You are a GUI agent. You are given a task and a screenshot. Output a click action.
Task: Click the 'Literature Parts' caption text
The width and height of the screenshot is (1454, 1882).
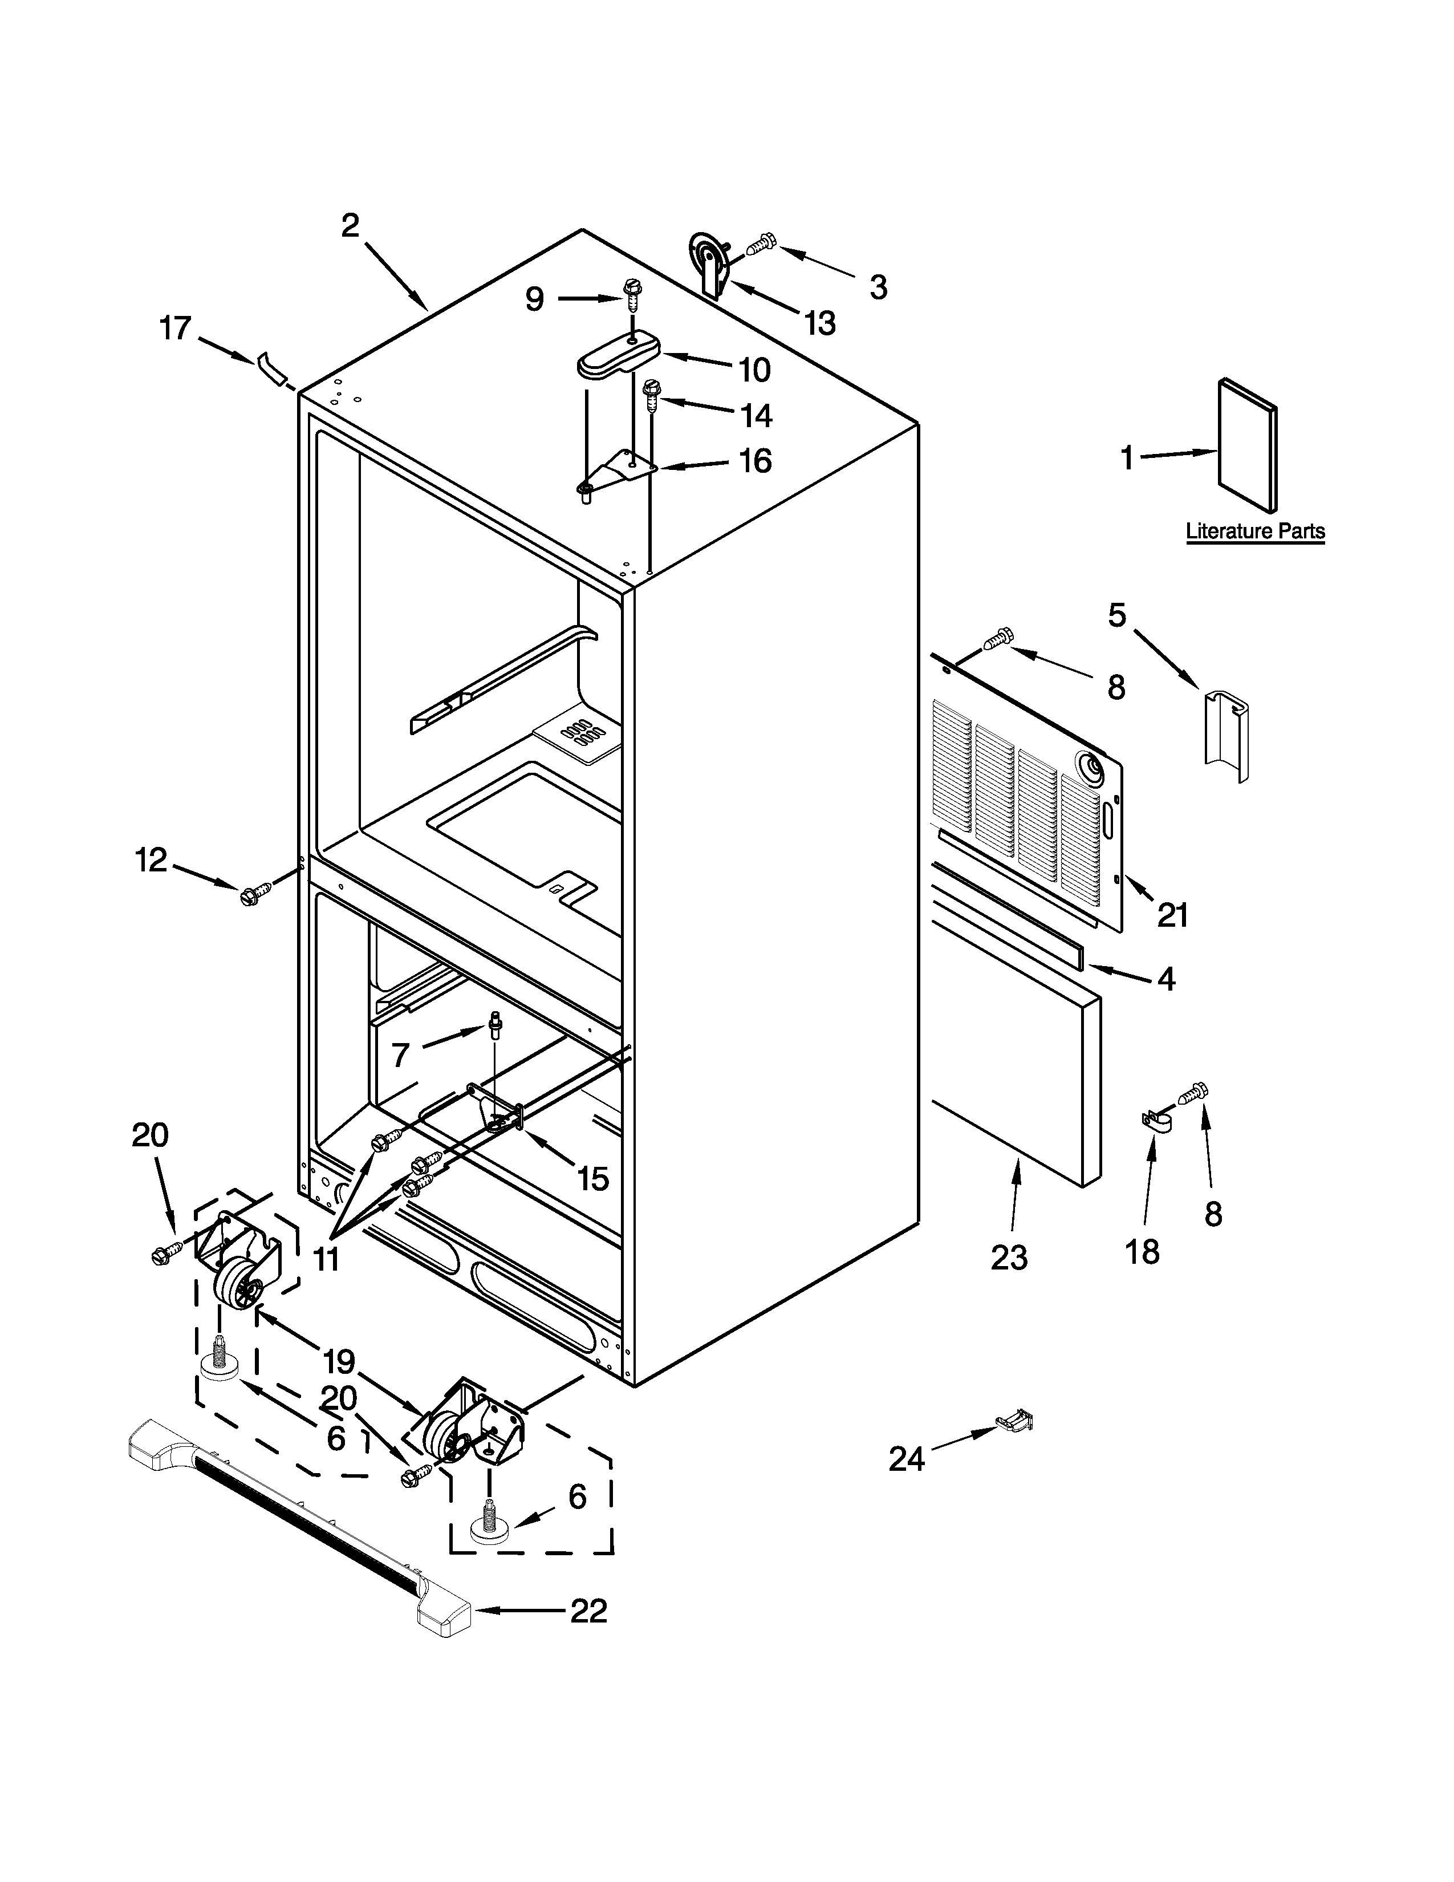[1255, 531]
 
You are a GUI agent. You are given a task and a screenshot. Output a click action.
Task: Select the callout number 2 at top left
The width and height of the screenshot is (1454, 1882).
[350, 226]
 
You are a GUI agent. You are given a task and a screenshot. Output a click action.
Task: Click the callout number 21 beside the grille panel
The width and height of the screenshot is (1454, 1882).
[1172, 914]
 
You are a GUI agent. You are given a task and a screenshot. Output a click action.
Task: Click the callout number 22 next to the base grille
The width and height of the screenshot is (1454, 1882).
[589, 1610]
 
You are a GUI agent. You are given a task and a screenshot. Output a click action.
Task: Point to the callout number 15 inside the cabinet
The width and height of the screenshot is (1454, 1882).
[592, 1178]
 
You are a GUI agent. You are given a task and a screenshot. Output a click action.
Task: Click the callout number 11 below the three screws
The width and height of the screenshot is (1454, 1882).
[325, 1260]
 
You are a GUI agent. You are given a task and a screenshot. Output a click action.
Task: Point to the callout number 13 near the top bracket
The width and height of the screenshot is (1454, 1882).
[819, 324]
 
